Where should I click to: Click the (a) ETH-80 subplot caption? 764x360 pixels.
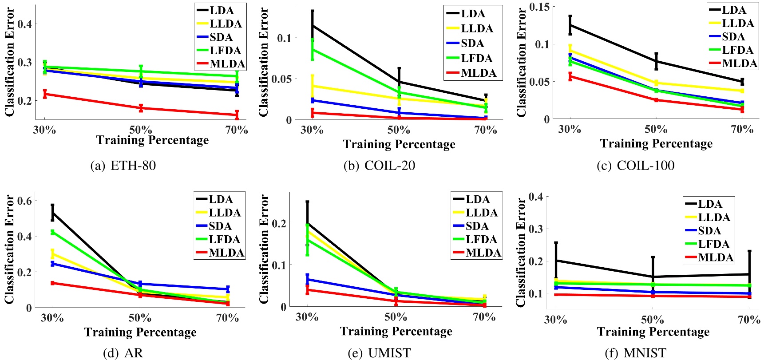pyautogui.click(x=123, y=166)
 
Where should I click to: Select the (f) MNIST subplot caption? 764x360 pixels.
pyautogui.click(x=635, y=353)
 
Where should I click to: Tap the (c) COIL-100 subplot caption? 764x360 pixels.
pyautogui.click(x=635, y=166)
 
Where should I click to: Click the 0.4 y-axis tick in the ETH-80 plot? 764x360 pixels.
pyautogui.click(x=24, y=24)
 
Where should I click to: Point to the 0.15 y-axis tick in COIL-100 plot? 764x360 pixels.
pyautogui.click(x=539, y=7)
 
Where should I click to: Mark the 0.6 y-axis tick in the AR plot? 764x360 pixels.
pyautogui.click(x=24, y=201)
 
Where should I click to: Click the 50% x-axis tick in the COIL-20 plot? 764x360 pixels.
pyautogui.click(x=399, y=130)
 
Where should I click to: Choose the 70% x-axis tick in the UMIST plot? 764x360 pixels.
pyautogui.click(x=484, y=317)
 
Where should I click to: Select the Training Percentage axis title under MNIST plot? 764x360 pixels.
pyautogui.click(x=653, y=332)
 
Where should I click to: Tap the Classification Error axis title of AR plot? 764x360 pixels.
pyautogui.click(x=9, y=249)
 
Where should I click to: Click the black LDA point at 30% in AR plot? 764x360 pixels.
pyautogui.click(x=52, y=213)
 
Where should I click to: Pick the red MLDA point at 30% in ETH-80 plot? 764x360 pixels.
pyautogui.click(x=45, y=94)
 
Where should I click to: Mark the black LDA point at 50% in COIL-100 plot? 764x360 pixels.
pyautogui.click(x=656, y=61)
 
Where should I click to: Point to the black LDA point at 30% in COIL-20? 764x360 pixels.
pyautogui.click(x=312, y=25)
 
